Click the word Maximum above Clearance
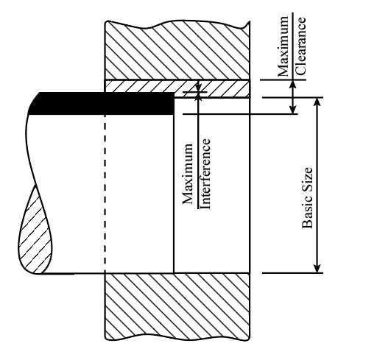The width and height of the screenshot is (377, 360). coord(283,46)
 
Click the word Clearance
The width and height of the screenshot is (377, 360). coord(300,46)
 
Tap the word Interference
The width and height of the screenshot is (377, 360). coord(205,174)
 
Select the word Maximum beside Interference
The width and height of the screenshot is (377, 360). coord(188,174)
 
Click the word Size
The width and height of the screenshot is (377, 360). coord(307,178)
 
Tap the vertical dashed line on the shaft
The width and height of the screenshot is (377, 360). coord(105,194)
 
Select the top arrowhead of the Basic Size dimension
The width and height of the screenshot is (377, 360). coord(317,102)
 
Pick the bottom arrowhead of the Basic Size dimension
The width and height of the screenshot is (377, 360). coord(317,268)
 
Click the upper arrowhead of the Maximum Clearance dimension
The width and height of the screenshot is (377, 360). coord(292,84)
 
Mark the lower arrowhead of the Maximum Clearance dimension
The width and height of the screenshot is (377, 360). coord(292,110)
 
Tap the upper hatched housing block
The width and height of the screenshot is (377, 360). coord(177,50)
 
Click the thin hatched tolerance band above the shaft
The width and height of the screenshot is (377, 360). coord(177,88)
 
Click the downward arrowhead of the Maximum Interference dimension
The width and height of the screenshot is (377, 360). coord(199,88)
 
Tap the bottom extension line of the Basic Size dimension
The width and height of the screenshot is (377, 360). coord(292,272)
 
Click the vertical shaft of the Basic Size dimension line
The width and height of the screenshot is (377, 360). coord(317,186)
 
